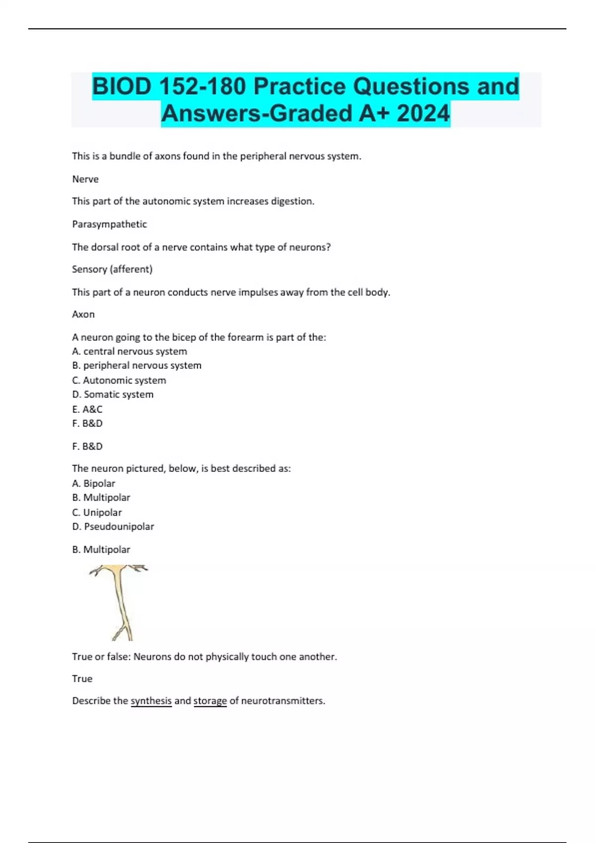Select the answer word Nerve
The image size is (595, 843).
(x=85, y=179)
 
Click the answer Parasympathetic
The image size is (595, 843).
(x=110, y=224)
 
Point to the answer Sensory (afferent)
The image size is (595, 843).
(x=112, y=269)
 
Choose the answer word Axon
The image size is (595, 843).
(x=83, y=314)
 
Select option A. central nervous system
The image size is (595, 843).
(x=129, y=352)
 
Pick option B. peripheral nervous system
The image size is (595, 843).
(x=137, y=365)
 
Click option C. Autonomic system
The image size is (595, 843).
(x=119, y=380)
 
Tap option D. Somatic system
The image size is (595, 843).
(x=113, y=395)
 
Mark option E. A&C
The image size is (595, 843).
(x=87, y=410)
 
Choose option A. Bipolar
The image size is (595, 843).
(x=94, y=483)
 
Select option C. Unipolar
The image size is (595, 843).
(x=97, y=513)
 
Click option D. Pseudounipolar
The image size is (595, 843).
(x=113, y=527)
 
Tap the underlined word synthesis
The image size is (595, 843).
(x=151, y=701)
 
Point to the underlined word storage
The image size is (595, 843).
(x=210, y=701)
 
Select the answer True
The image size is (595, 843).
(x=82, y=679)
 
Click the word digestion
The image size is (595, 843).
(x=292, y=201)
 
